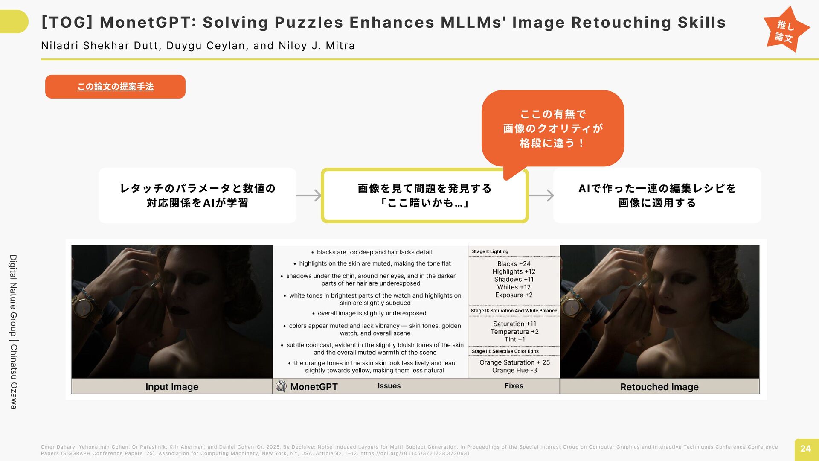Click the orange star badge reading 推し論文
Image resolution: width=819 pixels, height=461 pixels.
click(x=786, y=30)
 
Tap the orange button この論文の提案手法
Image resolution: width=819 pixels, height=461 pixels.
click(x=115, y=87)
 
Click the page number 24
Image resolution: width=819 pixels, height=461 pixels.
click(x=806, y=449)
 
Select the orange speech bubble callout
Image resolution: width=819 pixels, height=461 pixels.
click(x=553, y=128)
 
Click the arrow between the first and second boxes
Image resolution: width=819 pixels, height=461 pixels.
click(x=309, y=195)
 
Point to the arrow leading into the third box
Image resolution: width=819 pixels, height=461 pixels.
click(x=541, y=195)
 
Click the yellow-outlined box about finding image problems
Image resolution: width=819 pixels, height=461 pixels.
click(x=425, y=195)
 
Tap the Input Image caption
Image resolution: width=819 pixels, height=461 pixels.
click(x=172, y=387)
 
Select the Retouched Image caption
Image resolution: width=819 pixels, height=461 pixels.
click(x=659, y=387)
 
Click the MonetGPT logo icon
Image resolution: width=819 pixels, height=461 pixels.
click(x=281, y=386)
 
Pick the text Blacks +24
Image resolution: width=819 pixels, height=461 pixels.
click(x=514, y=264)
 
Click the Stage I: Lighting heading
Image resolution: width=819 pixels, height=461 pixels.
click(x=490, y=251)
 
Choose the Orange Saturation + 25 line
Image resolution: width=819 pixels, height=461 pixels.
click(x=514, y=362)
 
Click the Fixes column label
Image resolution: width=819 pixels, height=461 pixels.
click(x=514, y=386)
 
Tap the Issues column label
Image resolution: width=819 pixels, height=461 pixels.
click(x=389, y=386)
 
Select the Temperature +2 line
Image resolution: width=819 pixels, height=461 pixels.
click(x=514, y=332)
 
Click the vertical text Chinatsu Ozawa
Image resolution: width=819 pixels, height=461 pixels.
click(x=14, y=377)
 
